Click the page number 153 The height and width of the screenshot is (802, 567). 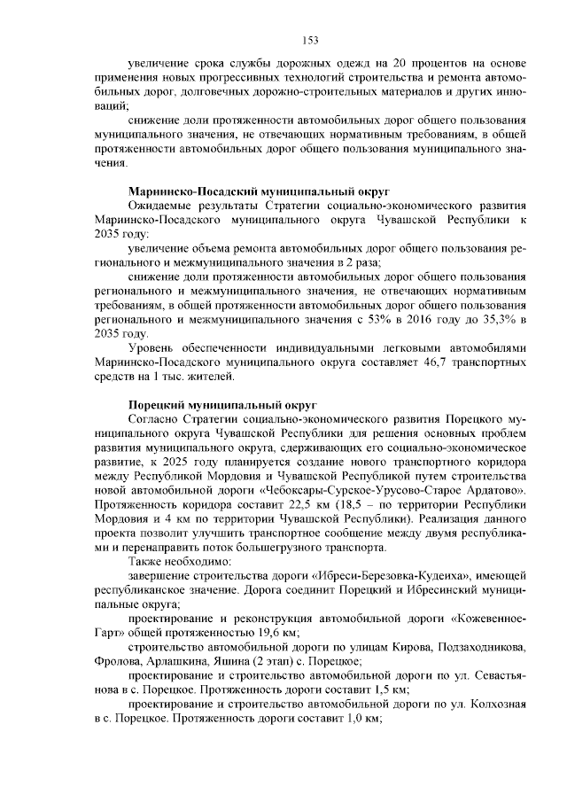point(309,40)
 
